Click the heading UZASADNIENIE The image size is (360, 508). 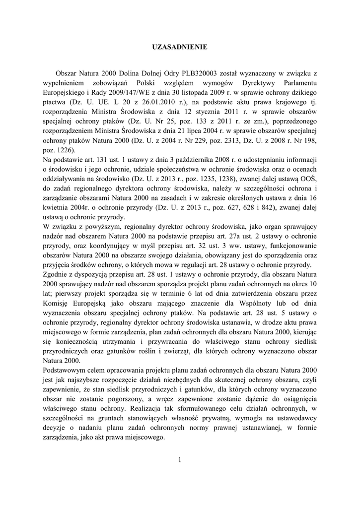pyautogui.click(x=179, y=47)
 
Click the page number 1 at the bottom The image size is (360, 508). pyautogui.click(x=179, y=460)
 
